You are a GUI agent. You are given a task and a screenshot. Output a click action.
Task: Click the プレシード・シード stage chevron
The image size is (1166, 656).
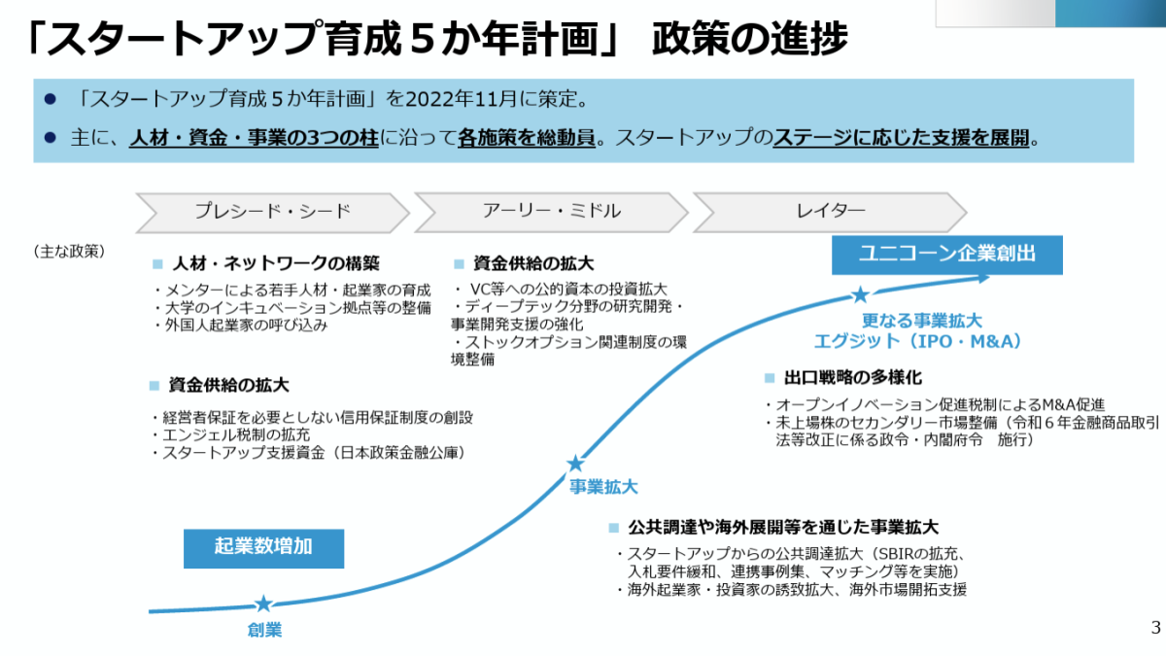pyautogui.click(x=272, y=211)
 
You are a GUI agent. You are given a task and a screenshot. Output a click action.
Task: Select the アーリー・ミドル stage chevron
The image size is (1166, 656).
pyautogui.click(x=551, y=211)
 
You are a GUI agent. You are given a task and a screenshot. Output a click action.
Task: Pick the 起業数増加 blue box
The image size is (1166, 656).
pyautogui.click(x=263, y=546)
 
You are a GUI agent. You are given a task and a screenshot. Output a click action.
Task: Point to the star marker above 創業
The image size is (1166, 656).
pyautogui.click(x=263, y=604)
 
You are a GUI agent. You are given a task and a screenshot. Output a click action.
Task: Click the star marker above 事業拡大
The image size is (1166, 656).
pyautogui.click(x=575, y=464)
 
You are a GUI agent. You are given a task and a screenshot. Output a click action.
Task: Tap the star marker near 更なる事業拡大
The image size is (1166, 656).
pyautogui.click(x=860, y=294)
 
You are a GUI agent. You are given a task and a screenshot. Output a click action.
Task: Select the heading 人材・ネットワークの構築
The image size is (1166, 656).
pyautogui.click(x=275, y=263)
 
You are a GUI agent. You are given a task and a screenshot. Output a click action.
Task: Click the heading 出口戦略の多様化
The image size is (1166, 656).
pyautogui.click(x=852, y=377)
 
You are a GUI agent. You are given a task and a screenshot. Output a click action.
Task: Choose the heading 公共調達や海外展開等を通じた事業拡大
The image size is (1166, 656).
pyautogui.click(x=782, y=528)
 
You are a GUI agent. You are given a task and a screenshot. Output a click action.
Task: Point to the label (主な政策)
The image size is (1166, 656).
pyautogui.click(x=69, y=251)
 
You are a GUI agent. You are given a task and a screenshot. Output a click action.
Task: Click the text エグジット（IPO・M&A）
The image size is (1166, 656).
pyautogui.click(x=917, y=341)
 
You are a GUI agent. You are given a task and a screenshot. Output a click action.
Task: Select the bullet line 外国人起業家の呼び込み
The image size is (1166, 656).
pyautogui.click(x=244, y=325)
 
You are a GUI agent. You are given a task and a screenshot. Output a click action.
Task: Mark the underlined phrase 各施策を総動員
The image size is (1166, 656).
pyautogui.click(x=526, y=138)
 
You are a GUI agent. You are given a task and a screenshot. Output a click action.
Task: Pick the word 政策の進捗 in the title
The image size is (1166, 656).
pyautogui.click(x=750, y=39)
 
